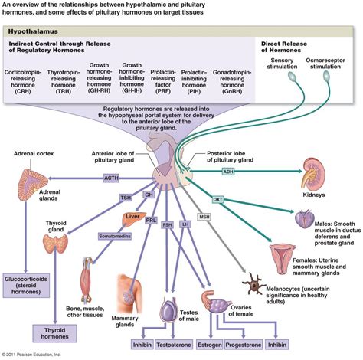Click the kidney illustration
click(x=312, y=172)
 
